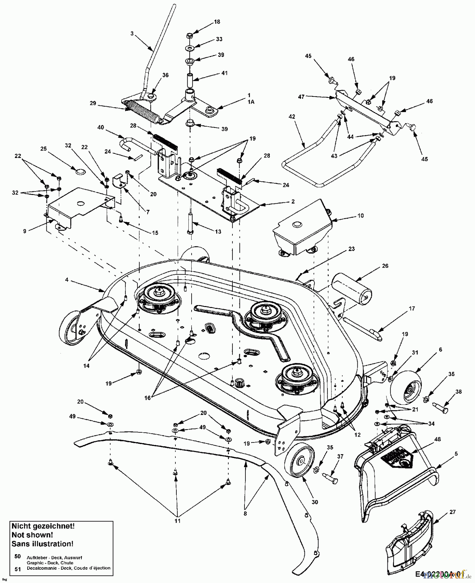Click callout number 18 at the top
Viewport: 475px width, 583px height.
(x=217, y=22)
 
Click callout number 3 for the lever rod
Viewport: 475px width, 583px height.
(x=132, y=33)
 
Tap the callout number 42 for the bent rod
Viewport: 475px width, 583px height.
(x=292, y=117)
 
